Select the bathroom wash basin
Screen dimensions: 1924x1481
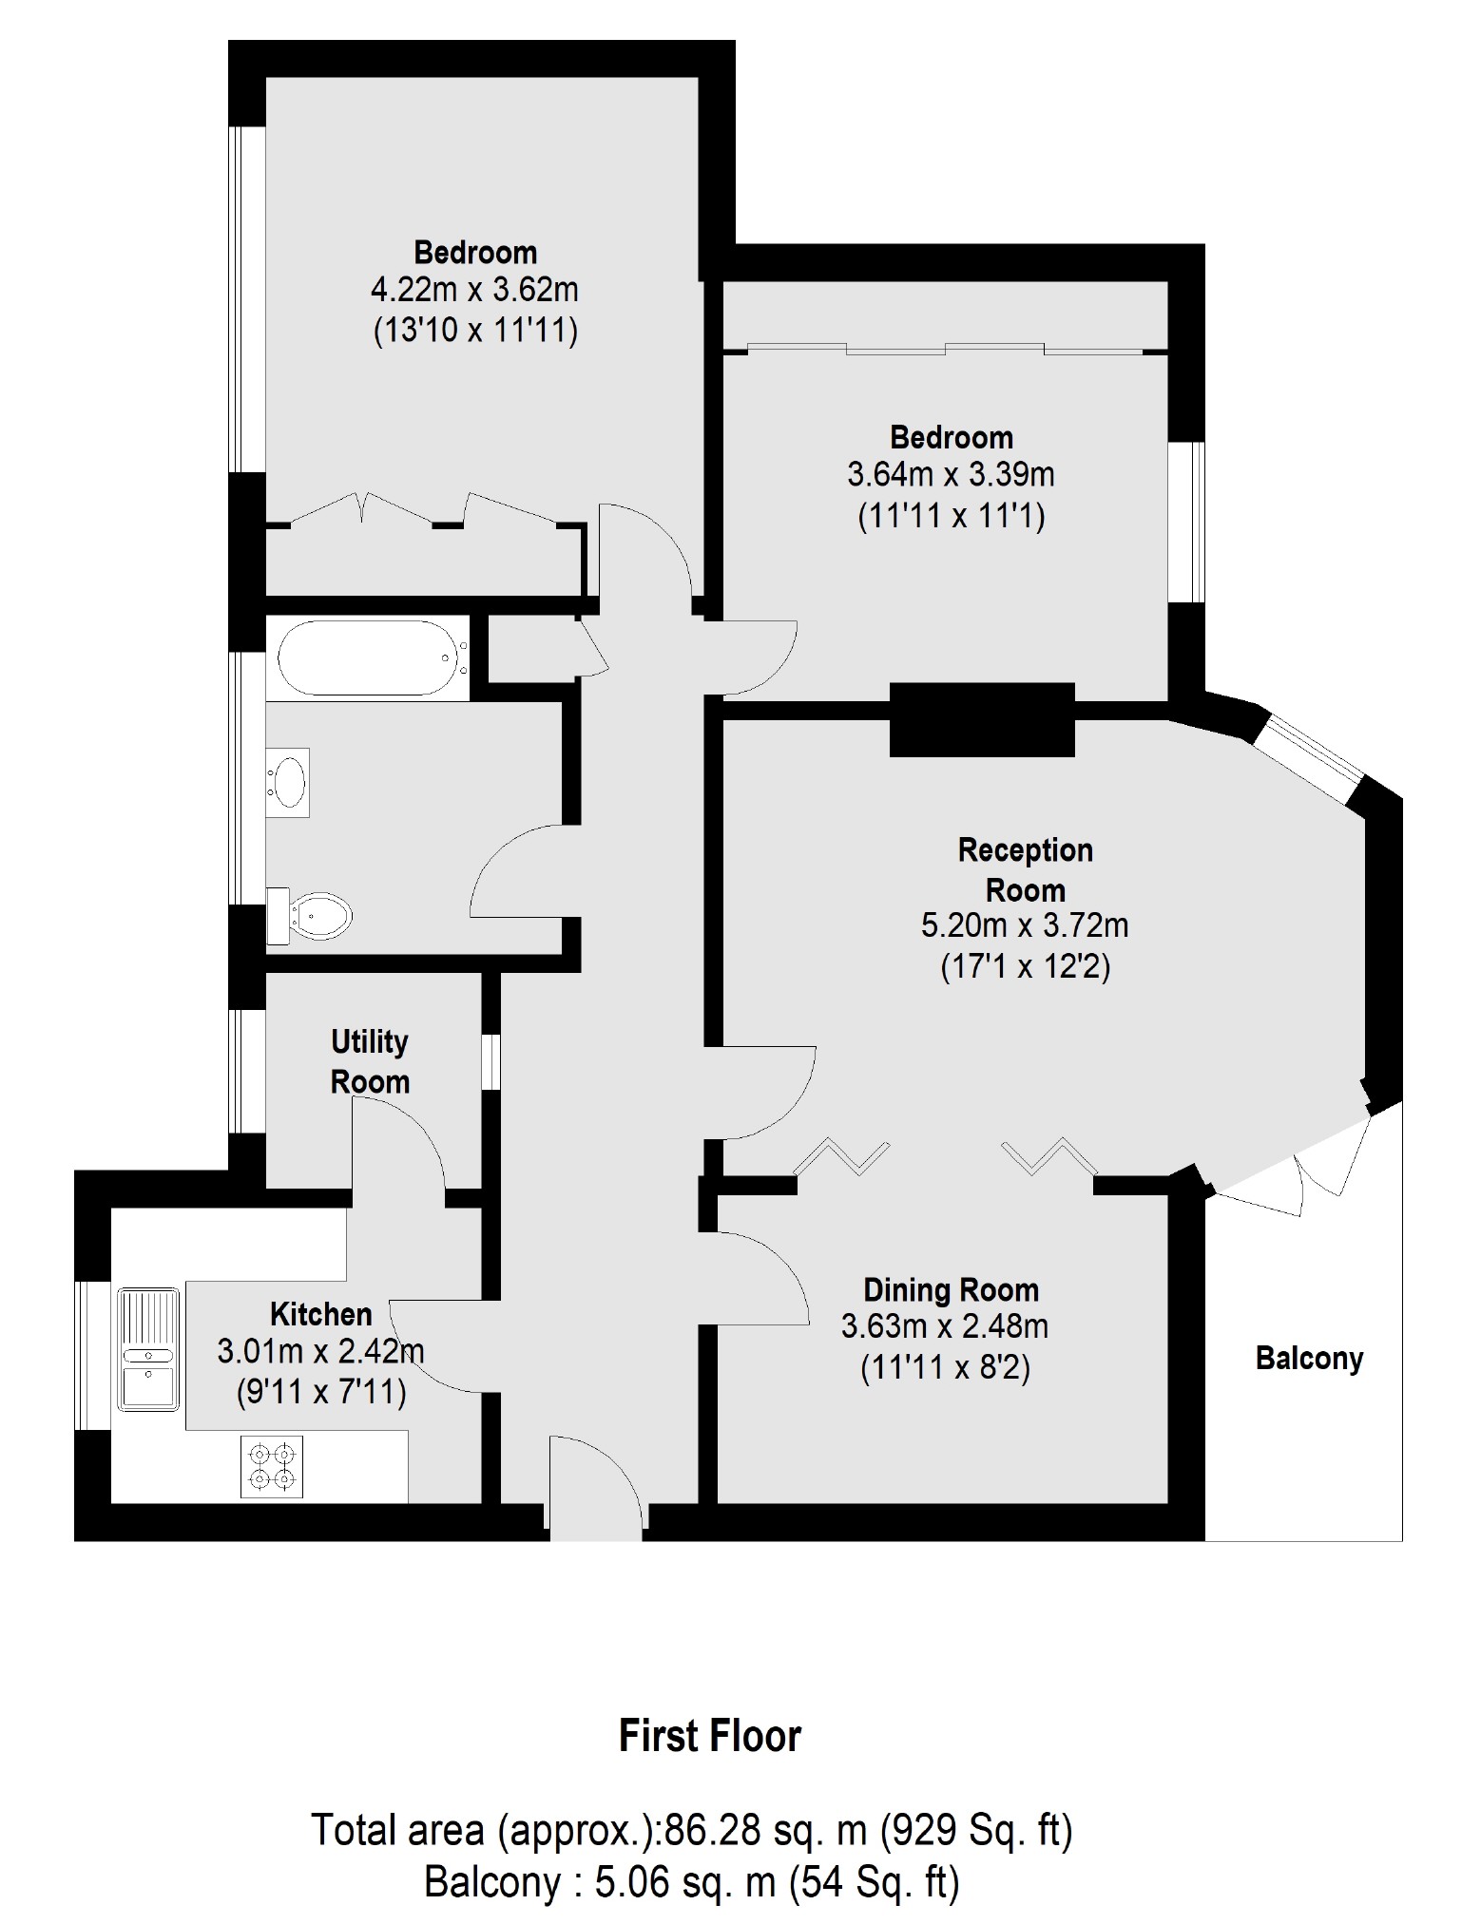click(x=288, y=782)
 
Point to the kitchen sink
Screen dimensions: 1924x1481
click(x=147, y=1349)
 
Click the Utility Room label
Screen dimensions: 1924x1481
click(x=370, y=1061)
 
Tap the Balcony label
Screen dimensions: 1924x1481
click(x=1309, y=1358)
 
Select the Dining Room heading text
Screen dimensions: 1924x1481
click(x=951, y=1289)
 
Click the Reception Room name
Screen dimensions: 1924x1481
click(x=1025, y=869)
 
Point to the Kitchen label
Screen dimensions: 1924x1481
click(x=321, y=1314)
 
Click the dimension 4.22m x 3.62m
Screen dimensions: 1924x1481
click(x=474, y=290)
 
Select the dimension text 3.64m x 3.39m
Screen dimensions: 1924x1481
click(x=951, y=474)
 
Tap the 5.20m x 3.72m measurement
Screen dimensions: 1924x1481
click(x=1025, y=924)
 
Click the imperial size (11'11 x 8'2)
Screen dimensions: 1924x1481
click(x=946, y=1368)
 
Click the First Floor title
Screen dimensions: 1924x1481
click(x=710, y=1736)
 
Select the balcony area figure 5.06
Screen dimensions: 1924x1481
click(x=632, y=1882)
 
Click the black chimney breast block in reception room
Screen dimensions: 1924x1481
click(x=982, y=720)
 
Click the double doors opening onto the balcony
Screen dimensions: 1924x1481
click(x=1293, y=1164)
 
